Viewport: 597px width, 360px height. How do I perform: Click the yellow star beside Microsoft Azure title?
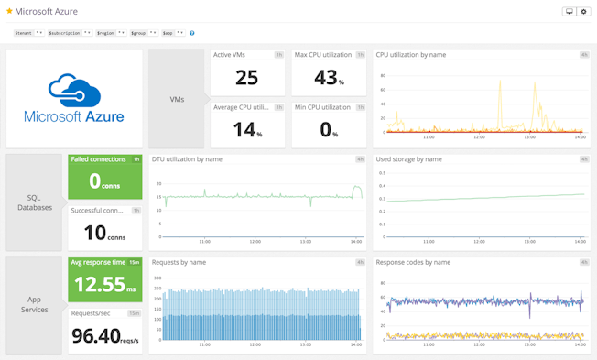(10, 12)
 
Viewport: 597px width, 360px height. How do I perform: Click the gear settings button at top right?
(583, 12)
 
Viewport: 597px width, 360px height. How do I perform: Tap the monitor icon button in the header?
(569, 12)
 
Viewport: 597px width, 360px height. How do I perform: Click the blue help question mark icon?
(191, 33)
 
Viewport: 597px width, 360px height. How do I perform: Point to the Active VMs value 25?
(246, 79)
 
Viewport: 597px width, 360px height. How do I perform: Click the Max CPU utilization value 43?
(325, 79)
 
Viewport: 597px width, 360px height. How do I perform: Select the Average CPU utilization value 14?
(244, 130)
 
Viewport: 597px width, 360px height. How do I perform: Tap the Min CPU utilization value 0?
(327, 130)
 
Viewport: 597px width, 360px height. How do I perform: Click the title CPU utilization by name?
(411, 55)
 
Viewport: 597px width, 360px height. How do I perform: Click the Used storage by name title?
(409, 159)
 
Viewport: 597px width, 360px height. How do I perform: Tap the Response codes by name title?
(413, 262)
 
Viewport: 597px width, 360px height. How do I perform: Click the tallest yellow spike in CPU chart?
(500, 82)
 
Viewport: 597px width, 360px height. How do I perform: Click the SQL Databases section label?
(34, 202)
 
